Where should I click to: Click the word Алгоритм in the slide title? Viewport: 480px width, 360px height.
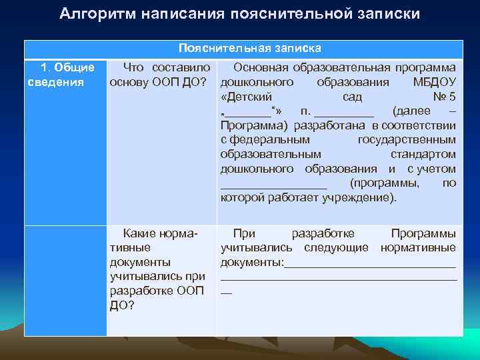click(x=97, y=14)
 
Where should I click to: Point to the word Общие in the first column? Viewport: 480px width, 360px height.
click(x=74, y=67)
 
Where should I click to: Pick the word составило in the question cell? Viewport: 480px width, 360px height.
click(x=181, y=67)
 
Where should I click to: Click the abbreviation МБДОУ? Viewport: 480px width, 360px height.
click(x=435, y=82)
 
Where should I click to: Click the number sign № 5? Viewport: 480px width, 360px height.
click(x=444, y=97)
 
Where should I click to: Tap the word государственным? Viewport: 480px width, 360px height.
click(x=407, y=140)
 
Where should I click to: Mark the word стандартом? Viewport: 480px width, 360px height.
click(x=428, y=155)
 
